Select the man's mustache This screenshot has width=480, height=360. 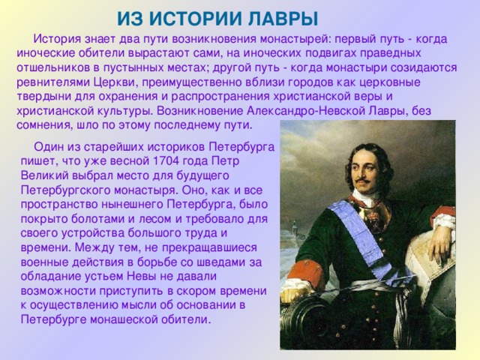[368, 181]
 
